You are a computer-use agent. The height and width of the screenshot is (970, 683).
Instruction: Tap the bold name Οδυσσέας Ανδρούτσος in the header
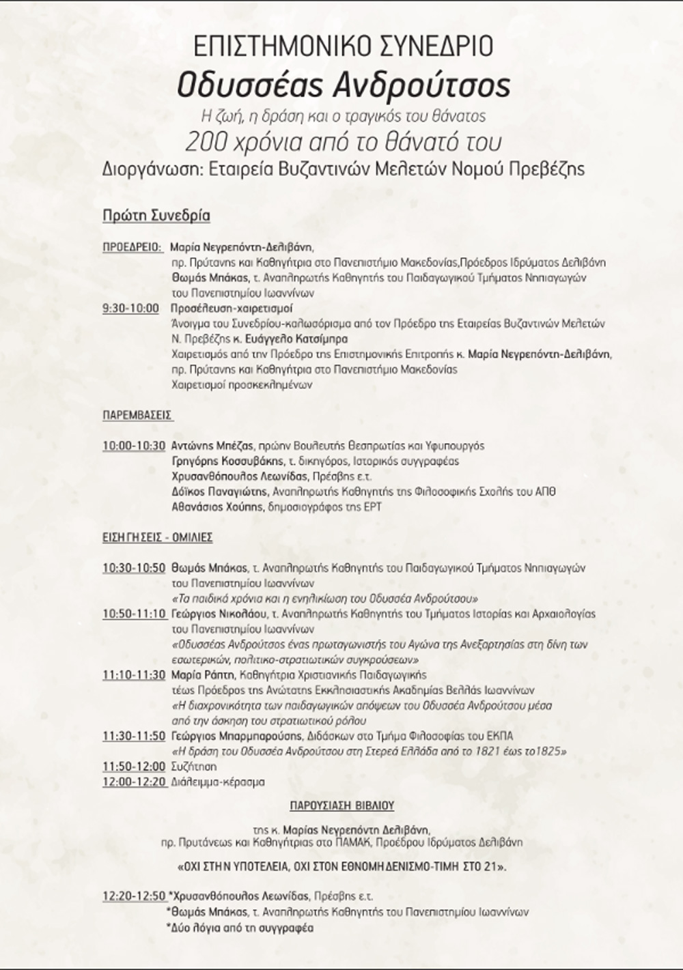[344, 86]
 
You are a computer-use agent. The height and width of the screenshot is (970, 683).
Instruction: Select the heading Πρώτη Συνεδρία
[156, 216]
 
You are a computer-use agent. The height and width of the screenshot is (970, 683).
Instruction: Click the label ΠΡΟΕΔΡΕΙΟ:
[133, 247]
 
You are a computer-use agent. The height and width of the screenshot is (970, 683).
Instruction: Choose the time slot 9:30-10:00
[130, 309]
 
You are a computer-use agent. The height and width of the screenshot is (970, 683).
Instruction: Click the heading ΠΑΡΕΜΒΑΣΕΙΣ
[137, 415]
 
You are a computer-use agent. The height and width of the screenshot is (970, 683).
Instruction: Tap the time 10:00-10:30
[134, 446]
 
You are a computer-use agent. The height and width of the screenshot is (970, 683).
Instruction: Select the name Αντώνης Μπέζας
[212, 446]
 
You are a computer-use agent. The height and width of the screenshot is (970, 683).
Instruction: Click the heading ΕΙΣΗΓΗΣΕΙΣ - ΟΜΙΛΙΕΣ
[157, 538]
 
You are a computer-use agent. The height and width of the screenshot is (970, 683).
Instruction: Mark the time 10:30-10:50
[134, 568]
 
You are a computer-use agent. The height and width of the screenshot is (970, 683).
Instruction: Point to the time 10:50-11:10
[134, 614]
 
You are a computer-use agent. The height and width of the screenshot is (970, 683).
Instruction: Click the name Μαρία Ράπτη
[202, 675]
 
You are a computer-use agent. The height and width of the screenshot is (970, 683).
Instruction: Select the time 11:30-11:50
[134, 737]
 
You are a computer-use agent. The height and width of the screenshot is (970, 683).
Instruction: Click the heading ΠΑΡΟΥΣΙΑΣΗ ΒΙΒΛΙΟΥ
[341, 806]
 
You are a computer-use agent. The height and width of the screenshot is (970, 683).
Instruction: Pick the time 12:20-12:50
[134, 896]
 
